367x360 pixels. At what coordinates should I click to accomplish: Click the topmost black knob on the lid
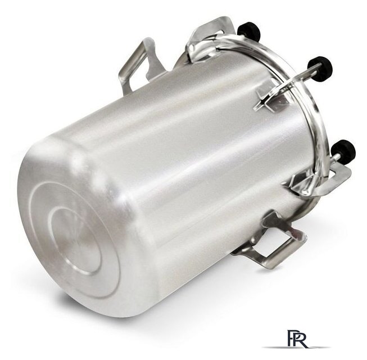[x=248, y=30]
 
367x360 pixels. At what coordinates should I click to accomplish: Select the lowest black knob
[x=343, y=150]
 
